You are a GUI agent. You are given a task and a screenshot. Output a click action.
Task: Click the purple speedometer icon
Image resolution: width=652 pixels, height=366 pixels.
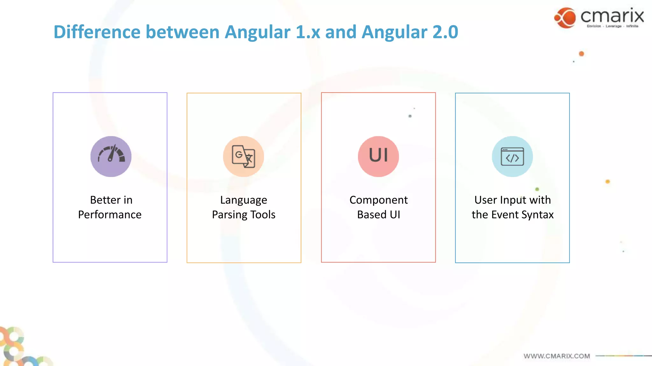click(x=111, y=156)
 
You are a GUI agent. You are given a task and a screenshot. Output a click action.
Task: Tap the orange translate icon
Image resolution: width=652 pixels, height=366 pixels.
click(x=244, y=156)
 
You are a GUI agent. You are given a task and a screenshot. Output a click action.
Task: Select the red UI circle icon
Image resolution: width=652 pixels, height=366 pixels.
click(x=378, y=156)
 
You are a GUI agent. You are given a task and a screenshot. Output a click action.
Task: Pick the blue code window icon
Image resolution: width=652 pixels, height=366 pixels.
click(x=512, y=156)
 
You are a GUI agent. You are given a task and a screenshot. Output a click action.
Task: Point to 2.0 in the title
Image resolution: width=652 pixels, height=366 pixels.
click(x=445, y=32)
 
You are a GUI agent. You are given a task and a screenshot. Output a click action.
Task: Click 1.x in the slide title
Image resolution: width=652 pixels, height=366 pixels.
click(x=308, y=32)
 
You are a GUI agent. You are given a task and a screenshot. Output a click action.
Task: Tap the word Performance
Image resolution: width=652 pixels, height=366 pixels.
click(x=110, y=215)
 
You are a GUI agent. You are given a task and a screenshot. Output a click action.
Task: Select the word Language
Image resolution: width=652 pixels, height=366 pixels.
click(x=244, y=200)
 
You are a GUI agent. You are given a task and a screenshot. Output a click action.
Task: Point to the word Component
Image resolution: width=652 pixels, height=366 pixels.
click(x=379, y=200)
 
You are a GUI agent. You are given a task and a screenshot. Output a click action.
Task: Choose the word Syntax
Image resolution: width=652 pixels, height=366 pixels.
click(x=538, y=215)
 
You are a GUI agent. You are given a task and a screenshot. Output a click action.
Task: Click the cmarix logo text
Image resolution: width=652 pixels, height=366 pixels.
click(x=612, y=16)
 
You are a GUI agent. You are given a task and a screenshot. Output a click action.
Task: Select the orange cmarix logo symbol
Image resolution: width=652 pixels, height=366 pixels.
click(x=565, y=18)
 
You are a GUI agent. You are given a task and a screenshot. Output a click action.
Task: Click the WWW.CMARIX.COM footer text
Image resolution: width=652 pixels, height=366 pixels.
click(x=556, y=356)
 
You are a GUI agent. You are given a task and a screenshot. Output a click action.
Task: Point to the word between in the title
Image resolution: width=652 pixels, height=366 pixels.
click(x=182, y=32)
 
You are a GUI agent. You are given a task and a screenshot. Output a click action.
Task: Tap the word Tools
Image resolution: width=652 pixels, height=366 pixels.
click(x=263, y=215)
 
